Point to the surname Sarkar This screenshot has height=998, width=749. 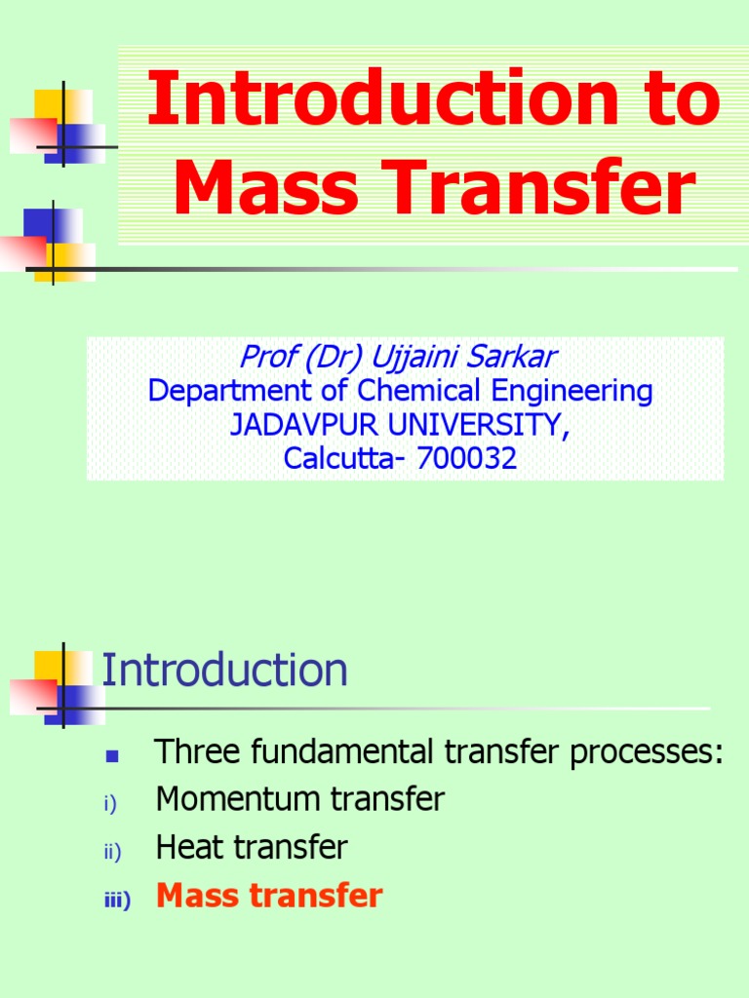coord(517,357)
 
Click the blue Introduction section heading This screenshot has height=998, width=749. coord(224,671)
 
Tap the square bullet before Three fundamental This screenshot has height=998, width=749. coord(110,755)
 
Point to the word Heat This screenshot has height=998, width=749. coord(189,847)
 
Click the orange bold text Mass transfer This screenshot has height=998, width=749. coord(269,896)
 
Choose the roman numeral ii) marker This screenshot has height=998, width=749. coord(110,853)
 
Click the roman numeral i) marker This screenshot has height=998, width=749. coord(109,805)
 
